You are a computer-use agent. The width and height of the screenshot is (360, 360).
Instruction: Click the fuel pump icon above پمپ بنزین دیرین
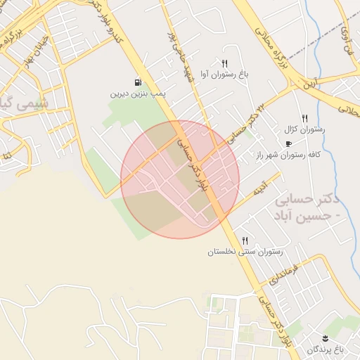point(136,82)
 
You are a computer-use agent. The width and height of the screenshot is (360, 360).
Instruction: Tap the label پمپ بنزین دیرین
point(136,93)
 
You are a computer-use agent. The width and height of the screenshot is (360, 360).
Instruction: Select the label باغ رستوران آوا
point(224,74)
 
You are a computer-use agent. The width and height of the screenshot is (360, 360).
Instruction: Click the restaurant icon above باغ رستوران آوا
point(224,63)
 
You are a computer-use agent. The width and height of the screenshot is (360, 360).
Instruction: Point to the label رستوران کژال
point(304,130)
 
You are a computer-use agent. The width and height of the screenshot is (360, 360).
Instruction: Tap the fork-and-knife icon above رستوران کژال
point(304,118)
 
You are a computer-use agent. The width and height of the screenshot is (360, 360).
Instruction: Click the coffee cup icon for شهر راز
point(288,143)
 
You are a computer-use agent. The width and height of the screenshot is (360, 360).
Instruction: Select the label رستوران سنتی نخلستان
point(245,252)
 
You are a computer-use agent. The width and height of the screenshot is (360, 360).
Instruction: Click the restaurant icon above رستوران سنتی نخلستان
point(245,240)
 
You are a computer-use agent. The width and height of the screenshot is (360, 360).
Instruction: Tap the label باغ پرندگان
point(326,349)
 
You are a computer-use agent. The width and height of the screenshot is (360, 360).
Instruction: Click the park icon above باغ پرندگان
point(326,338)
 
